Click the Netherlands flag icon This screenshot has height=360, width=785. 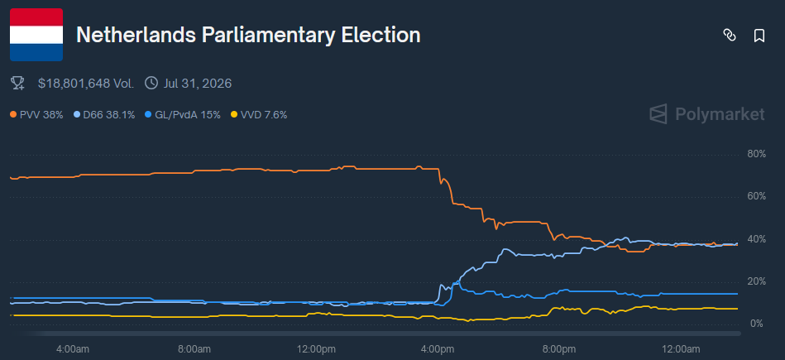click(x=36, y=35)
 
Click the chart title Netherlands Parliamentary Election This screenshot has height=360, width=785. click(x=248, y=36)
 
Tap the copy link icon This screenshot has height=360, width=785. click(x=730, y=36)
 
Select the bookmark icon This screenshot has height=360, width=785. click(x=759, y=36)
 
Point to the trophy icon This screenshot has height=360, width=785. click(x=17, y=83)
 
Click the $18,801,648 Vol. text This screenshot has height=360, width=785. click(x=86, y=83)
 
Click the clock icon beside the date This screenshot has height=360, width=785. click(x=151, y=83)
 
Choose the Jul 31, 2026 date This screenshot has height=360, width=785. click(x=198, y=83)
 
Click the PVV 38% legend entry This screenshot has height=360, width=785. click(x=36, y=115)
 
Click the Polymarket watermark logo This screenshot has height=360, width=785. click(x=706, y=114)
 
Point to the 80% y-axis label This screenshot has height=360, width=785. click(x=756, y=154)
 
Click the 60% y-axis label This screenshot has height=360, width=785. click(x=756, y=196)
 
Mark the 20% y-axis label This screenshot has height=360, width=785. click(x=756, y=281)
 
